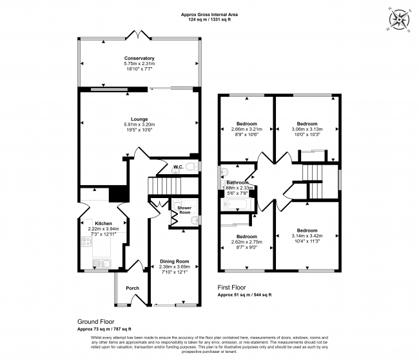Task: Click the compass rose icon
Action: [x=399, y=19]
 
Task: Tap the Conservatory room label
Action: [x=139, y=58]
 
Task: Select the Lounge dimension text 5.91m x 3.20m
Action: [x=139, y=125]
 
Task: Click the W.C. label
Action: [x=178, y=167]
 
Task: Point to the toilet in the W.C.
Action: [x=192, y=167]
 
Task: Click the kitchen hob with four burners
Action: [x=86, y=242]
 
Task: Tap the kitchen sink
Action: [x=102, y=264]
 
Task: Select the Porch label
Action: [x=133, y=288]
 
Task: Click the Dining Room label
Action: [x=175, y=261]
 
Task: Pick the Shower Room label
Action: [x=184, y=210]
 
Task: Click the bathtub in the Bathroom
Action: [x=238, y=205]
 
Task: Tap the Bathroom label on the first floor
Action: [x=237, y=183]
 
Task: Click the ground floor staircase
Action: [x=164, y=186]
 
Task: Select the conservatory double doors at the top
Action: [x=138, y=35]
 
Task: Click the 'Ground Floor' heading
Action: [x=95, y=321]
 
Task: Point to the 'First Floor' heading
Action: [x=231, y=288]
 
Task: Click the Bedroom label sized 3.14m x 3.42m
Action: [x=307, y=230]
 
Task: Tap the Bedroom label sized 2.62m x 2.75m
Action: [x=247, y=236]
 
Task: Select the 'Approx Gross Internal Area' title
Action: [x=209, y=15]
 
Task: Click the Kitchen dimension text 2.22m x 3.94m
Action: [x=103, y=229]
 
